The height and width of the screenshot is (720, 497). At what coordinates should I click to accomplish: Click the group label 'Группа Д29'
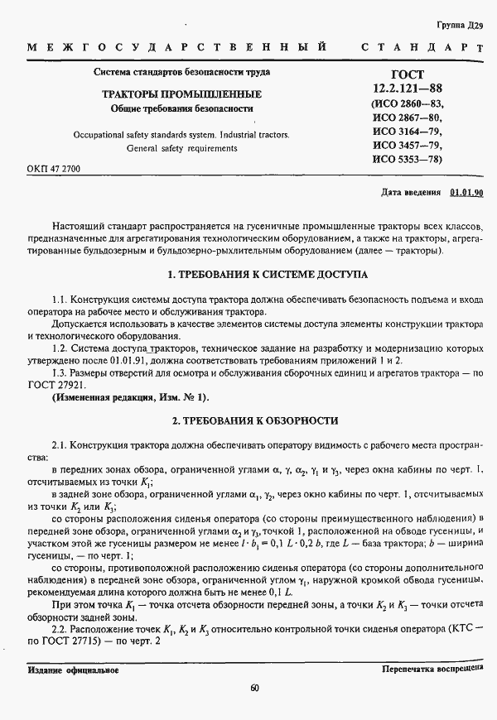tap(459, 26)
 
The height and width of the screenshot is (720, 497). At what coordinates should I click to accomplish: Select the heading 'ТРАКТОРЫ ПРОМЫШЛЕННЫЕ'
tap(181, 94)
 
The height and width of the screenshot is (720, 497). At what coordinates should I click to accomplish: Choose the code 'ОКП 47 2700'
tap(54, 168)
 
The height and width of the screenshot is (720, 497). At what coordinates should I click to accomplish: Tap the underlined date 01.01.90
tap(466, 193)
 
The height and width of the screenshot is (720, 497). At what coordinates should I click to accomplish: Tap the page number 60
tap(254, 688)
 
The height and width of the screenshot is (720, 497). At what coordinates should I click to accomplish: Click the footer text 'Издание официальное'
tap(73, 670)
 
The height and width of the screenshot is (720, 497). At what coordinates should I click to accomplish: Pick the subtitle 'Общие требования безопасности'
tap(181, 108)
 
